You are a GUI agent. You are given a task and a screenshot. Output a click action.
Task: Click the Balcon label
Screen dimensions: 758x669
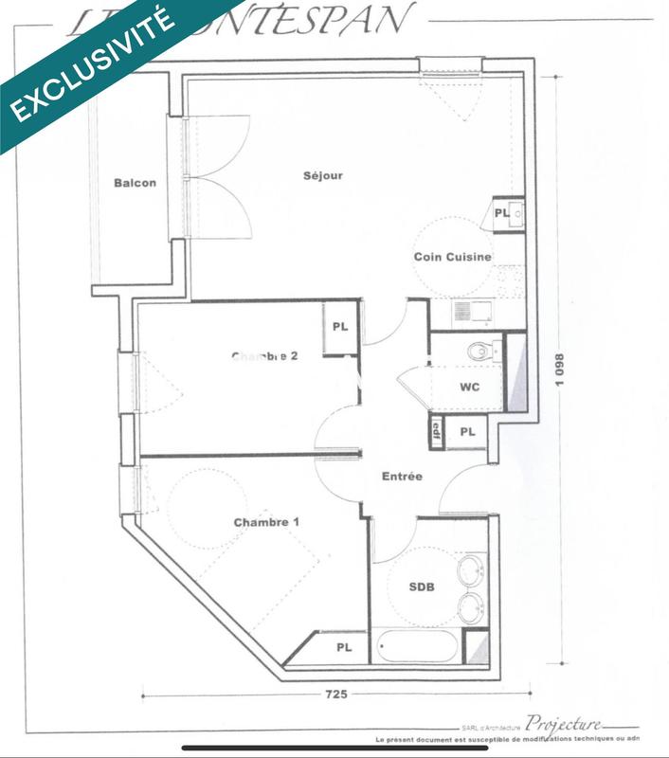pyautogui.click(x=135, y=183)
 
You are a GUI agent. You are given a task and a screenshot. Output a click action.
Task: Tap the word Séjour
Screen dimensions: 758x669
pyautogui.click(x=322, y=175)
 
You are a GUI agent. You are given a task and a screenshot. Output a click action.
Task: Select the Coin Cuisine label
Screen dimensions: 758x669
pyautogui.click(x=452, y=257)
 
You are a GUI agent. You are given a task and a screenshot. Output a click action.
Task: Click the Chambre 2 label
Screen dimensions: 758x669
pyautogui.click(x=265, y=356)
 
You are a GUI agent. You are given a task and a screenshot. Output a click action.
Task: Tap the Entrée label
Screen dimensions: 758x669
pyautogui.click(x=402, y=477)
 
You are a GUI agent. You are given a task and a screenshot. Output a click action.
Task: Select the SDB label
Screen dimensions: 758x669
pyautogui.click(x=422, y=587)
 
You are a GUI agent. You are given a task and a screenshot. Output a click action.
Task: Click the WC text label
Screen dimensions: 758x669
pyautogui.click(x=468, y=388)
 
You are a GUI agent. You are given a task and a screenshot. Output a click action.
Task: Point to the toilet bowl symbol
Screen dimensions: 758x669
pyautogui.click(x=481, y=352)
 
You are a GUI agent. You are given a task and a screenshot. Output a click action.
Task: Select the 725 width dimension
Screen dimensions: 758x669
pyautogui.click(x=336, y=695)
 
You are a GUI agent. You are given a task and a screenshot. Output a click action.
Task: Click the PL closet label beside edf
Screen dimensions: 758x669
pyautogui.click(x=467, y=431)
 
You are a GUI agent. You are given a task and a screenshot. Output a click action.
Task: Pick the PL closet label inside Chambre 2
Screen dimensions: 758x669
pyautogui.click(x=339, y=327)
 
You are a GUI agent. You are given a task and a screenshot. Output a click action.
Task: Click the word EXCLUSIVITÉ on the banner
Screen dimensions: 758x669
pyautogui.click(x=92, y=65)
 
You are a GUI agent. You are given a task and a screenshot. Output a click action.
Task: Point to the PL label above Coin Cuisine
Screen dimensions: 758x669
pyautogui.click(x=501, y=213)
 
